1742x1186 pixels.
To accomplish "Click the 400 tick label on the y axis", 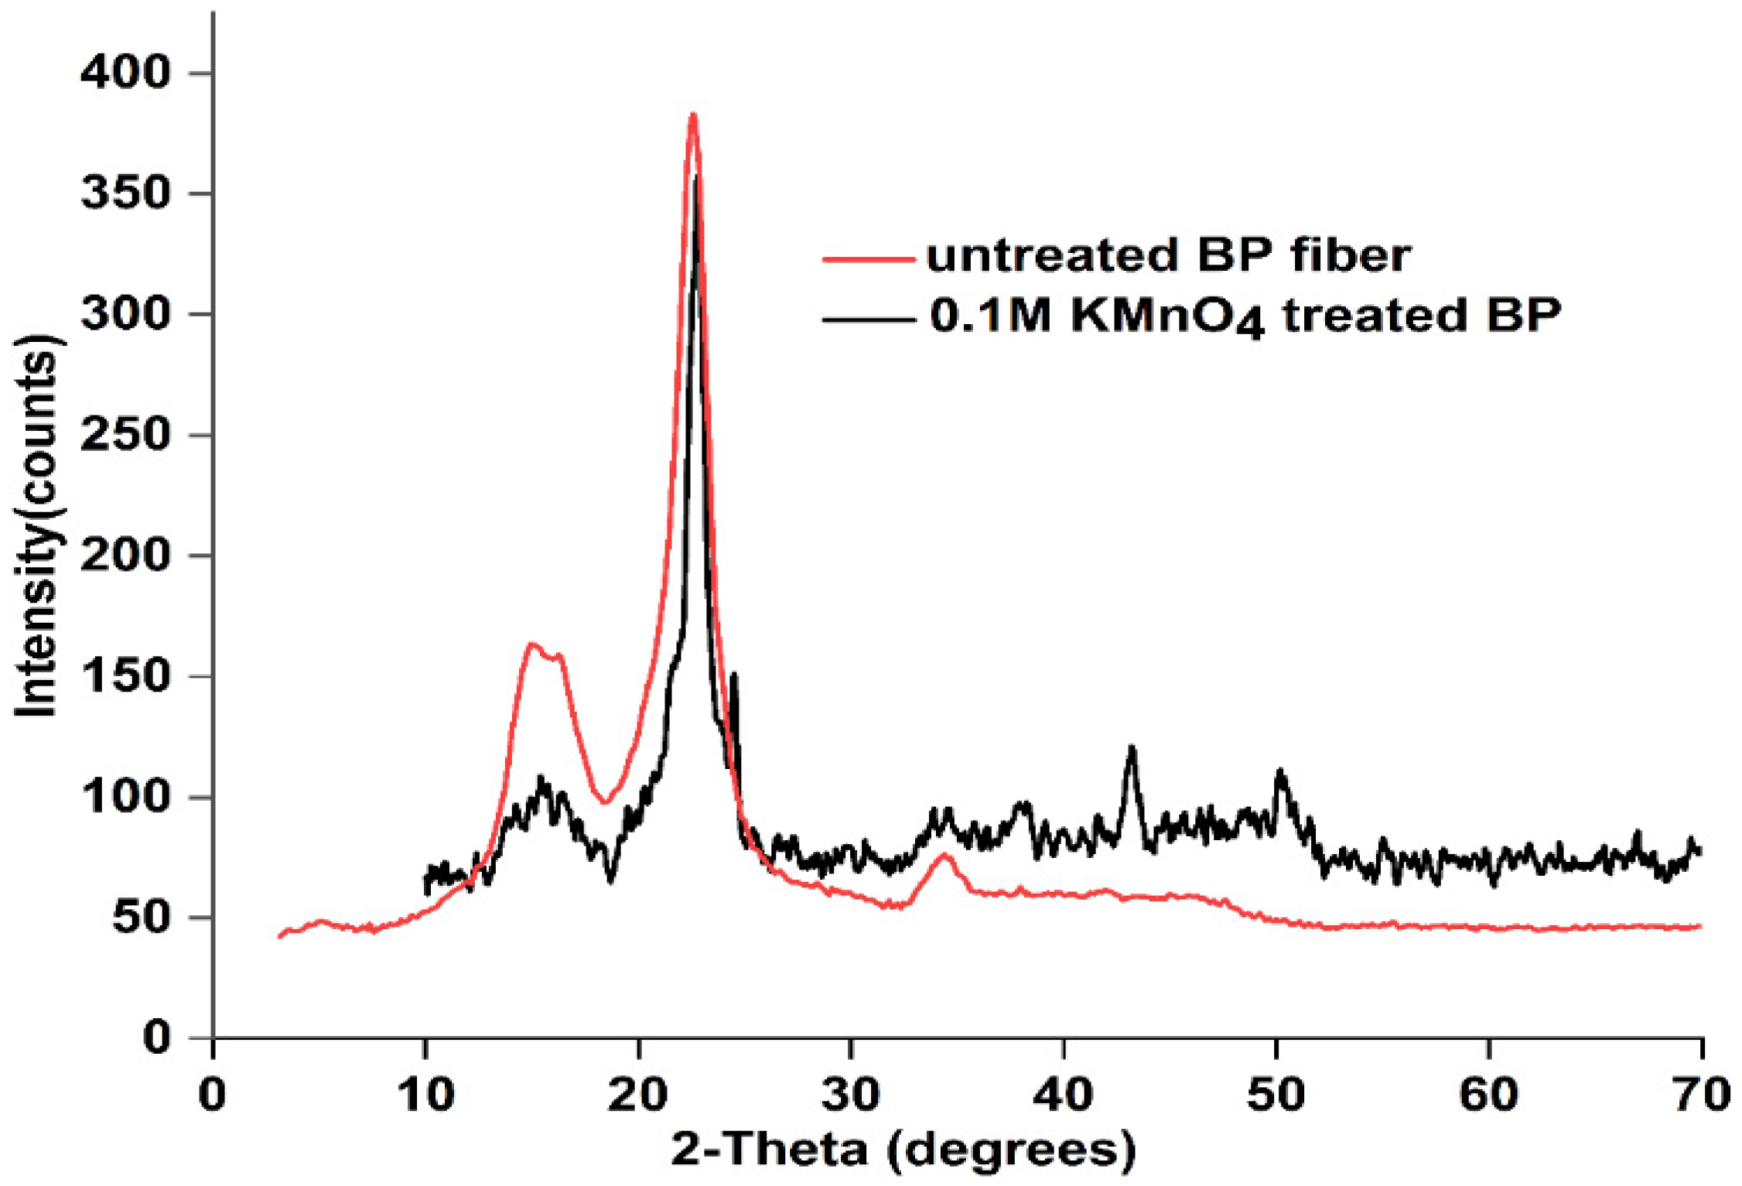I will (125, 73).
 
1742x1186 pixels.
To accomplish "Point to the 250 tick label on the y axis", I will (125, 435).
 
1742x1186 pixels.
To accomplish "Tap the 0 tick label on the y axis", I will (157, 1037).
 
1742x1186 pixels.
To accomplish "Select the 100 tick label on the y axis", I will (125, 797).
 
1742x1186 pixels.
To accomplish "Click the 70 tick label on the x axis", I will (1703, 1095).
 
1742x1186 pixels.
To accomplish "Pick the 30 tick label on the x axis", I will (851, 1095).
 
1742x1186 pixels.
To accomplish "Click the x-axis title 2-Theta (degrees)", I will (903, 1149).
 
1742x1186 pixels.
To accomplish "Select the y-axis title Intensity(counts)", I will (36, 526).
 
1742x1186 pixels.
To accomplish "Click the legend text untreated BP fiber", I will (1168, 255).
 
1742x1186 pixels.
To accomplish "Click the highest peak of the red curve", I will (693, 115).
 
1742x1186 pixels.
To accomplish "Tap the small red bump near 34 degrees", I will (944, 855).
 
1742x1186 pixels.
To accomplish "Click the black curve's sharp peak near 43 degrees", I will (1132, 747).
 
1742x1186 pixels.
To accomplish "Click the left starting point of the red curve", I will (280, 937).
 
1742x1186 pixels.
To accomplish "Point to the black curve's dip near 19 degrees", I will (611, 880).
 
